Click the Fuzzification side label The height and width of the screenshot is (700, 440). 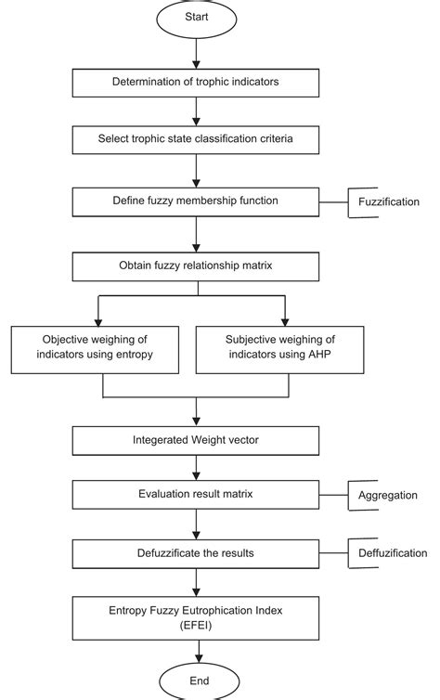[388, 201]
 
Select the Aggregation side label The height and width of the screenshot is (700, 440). [388, 496]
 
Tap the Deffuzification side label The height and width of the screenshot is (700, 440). [390, 553]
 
